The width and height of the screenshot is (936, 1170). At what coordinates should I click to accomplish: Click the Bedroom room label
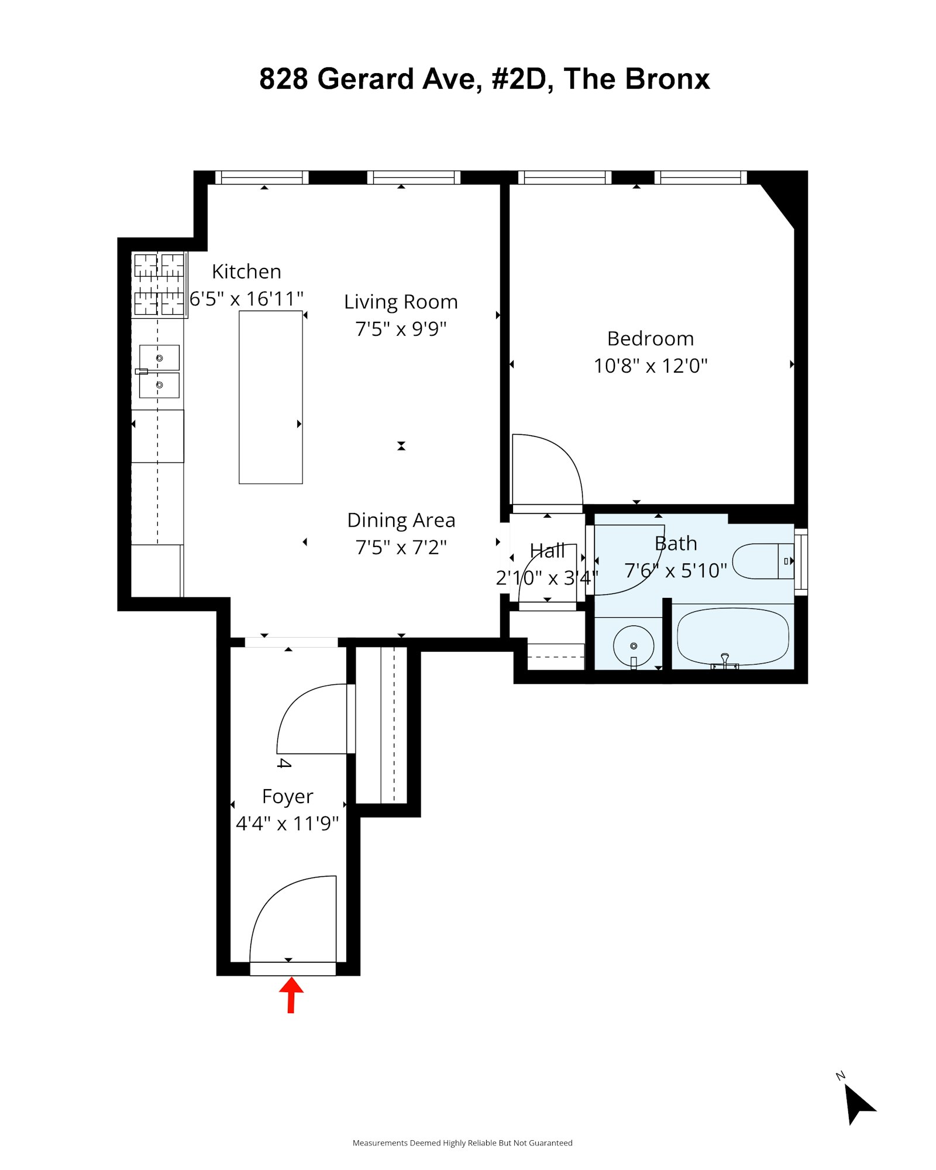(x=650, y=339)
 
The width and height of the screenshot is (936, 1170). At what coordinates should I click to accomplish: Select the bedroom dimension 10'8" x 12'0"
(x=650, y=366)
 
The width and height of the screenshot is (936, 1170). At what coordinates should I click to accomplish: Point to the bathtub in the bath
(x=732, y=636)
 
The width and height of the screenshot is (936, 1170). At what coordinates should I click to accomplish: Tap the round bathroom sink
(x=633, y=646)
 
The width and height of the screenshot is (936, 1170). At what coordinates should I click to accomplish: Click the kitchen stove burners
(x=159, y=284)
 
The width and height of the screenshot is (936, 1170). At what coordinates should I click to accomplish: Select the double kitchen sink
(x=159, y=371)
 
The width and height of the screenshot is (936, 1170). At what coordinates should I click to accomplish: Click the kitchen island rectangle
(x=270, y=397)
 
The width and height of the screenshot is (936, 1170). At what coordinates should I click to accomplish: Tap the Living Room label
(x=401, y=302)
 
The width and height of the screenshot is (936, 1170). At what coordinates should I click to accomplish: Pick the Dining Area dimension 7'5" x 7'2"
(x=401, y=548)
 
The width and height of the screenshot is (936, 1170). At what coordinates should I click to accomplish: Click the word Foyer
(x=287, y=797)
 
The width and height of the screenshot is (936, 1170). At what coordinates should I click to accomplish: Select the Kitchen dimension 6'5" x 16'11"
(x=246, y=299)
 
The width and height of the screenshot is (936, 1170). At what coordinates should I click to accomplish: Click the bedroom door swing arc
(x=556, y=462)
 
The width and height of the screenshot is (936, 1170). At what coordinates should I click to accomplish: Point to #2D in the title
(x=519, y=79)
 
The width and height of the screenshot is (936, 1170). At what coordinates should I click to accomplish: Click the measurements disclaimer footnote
(x=462, y=1143)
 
